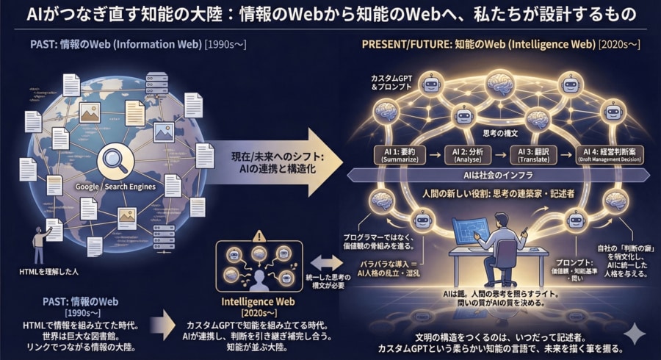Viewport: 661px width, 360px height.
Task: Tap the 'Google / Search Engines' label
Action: [x=116, y=187]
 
